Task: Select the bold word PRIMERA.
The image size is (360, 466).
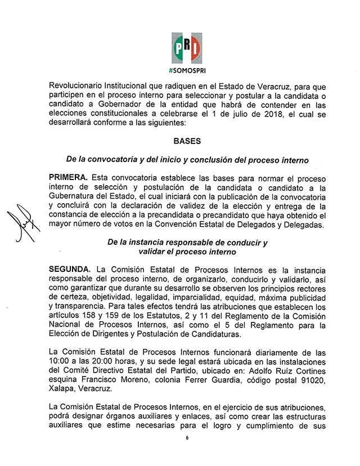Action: click(x=69, y=177)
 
